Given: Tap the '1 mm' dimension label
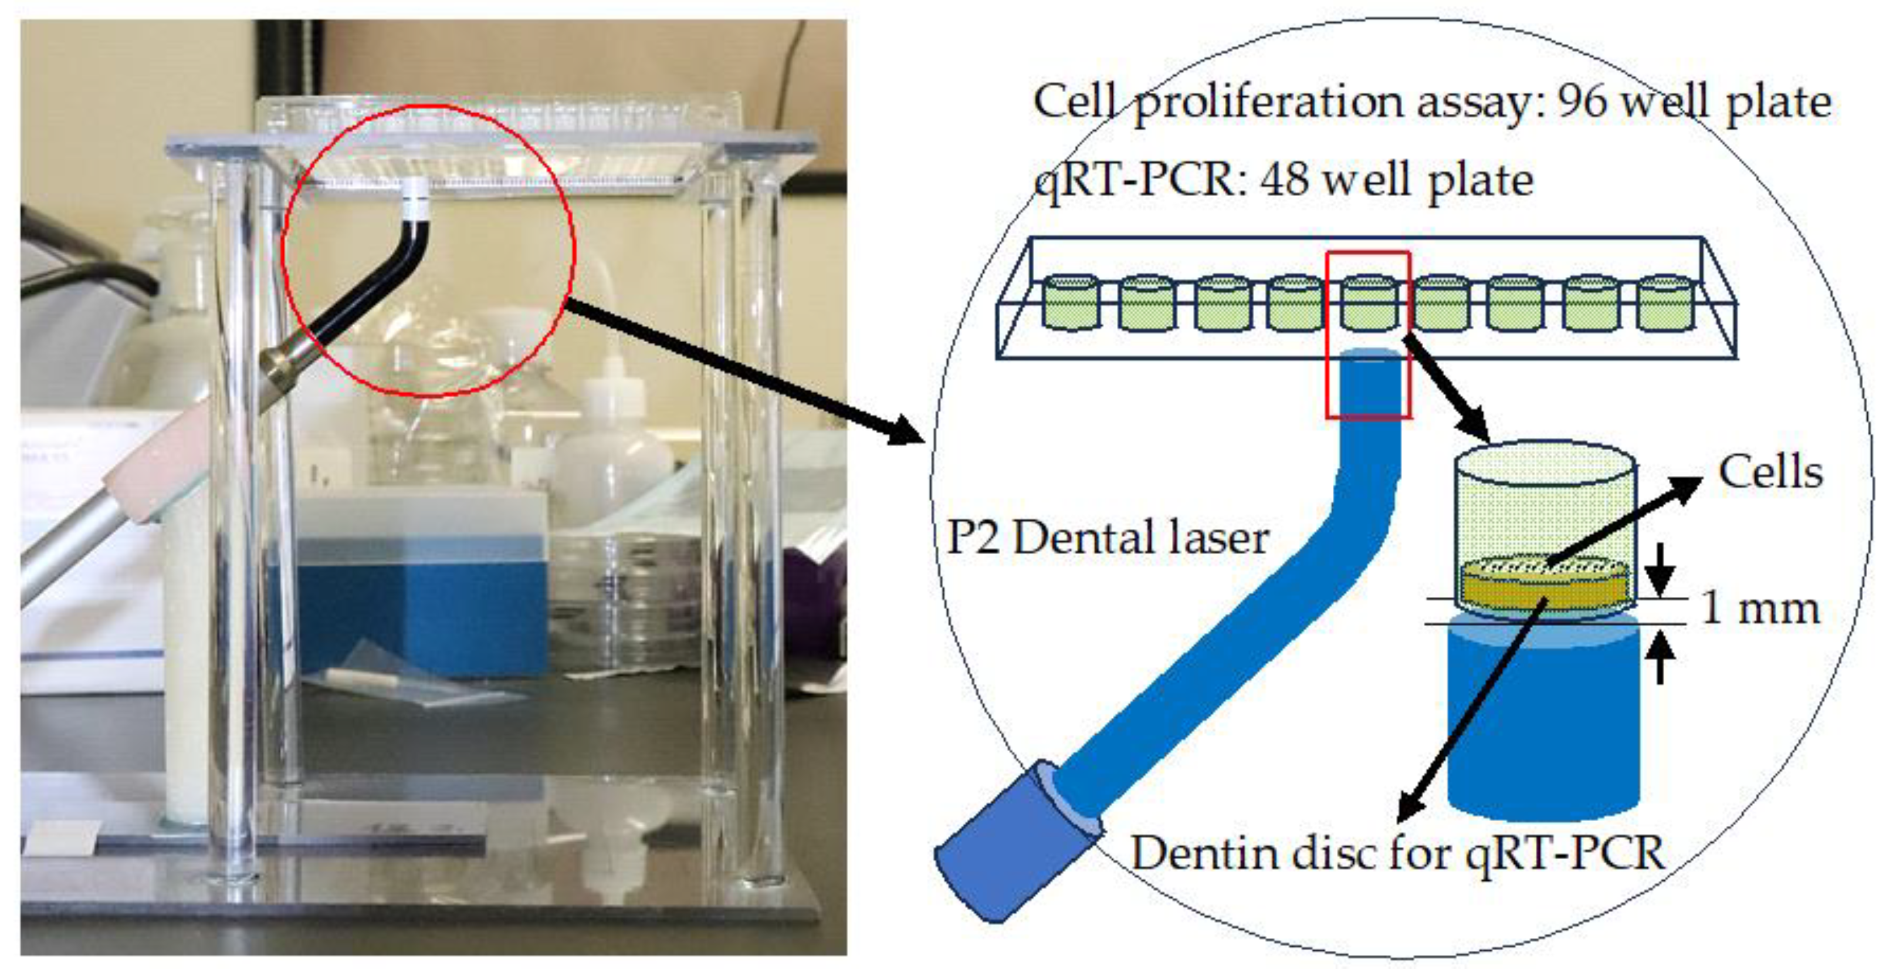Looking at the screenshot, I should click(1760, 609).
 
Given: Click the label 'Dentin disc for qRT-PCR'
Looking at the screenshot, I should click(1397, 853).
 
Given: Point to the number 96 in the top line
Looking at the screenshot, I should click(1583, 102).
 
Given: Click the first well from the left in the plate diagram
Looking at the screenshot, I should click(1071, 303).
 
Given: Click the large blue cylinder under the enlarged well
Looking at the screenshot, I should click(1543, 720).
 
